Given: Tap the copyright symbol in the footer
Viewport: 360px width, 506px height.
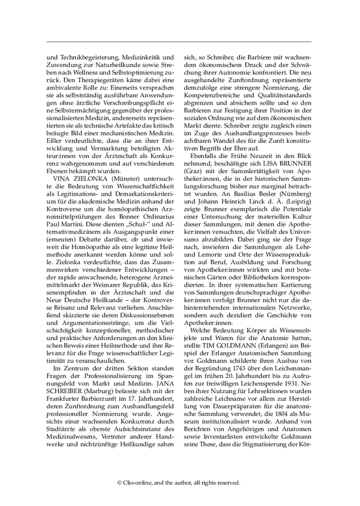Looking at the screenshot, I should click(x=120, y=482).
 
